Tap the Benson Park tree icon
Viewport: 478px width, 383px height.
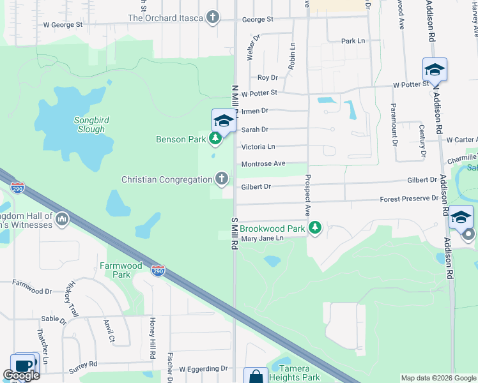click(x=216, y=139)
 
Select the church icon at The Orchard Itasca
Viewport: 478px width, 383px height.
click(x=213, y=18)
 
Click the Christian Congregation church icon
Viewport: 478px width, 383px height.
click(x=222, y=179)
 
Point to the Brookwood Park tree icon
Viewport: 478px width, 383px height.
click(x=314, y=228)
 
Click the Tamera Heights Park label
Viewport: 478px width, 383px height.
click(x=295, y=373)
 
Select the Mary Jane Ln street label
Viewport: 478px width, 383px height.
click(x=262, y=238)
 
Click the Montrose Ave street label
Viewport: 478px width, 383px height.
click(x=263, y=164)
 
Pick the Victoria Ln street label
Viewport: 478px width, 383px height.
click(x=258, y=147)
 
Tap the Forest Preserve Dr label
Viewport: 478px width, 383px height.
click(x=409, y=199)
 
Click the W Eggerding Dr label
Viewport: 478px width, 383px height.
click(x=203, y=369)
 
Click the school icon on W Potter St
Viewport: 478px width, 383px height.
click(x=435, y=70)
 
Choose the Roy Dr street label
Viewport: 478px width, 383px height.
click(x=267, y=78)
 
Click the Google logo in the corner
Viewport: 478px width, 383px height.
click(x=21, y=375)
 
